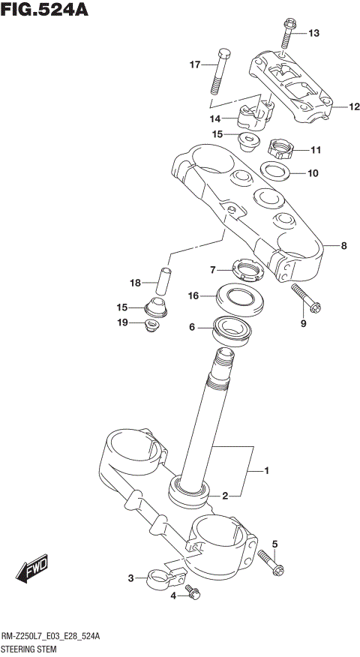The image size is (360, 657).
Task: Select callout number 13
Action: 313,33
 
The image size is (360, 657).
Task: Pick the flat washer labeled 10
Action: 276,172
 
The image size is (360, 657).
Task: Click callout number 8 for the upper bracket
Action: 343,245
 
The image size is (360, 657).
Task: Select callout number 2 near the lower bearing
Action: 224,495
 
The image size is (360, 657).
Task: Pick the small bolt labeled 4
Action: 193,593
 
